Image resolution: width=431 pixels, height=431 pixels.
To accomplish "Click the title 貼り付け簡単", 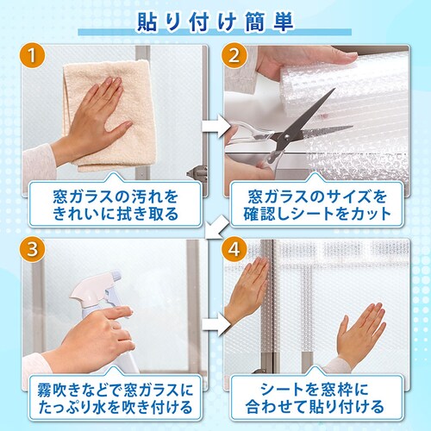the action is tap(215, 22).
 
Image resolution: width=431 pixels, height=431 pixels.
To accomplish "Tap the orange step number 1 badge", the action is tap(32, 55).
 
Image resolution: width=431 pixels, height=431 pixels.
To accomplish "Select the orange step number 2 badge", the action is tap(234, 55).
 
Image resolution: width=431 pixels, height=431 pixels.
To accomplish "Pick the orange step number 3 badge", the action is tap(32, 249).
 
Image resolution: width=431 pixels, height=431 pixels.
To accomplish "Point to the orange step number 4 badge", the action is tap(234, 249).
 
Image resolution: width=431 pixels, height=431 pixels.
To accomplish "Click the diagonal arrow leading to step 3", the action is tap(217, 227).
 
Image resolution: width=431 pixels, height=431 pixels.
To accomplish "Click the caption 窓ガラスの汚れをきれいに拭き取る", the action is tap(115, 205).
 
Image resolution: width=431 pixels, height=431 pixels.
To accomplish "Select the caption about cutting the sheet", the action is tap(317, 205).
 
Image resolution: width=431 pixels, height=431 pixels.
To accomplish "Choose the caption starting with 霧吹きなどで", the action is tap(115, 398).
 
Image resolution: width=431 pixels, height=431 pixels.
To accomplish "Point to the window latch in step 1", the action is tap(198, 173).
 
